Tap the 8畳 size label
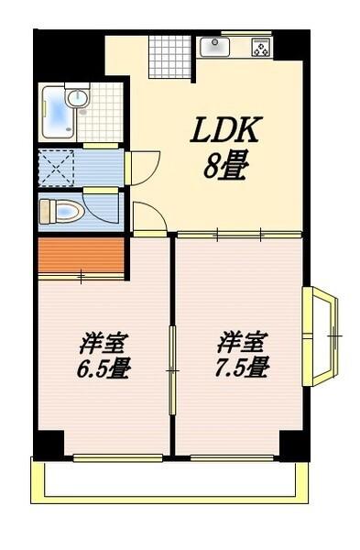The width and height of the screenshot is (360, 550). (x=225, y=167)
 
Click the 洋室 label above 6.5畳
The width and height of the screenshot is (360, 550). (x=103, y=345)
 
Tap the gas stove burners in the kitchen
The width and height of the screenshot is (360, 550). (x=260, y=47)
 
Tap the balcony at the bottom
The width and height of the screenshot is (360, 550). (x=169, y=480)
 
